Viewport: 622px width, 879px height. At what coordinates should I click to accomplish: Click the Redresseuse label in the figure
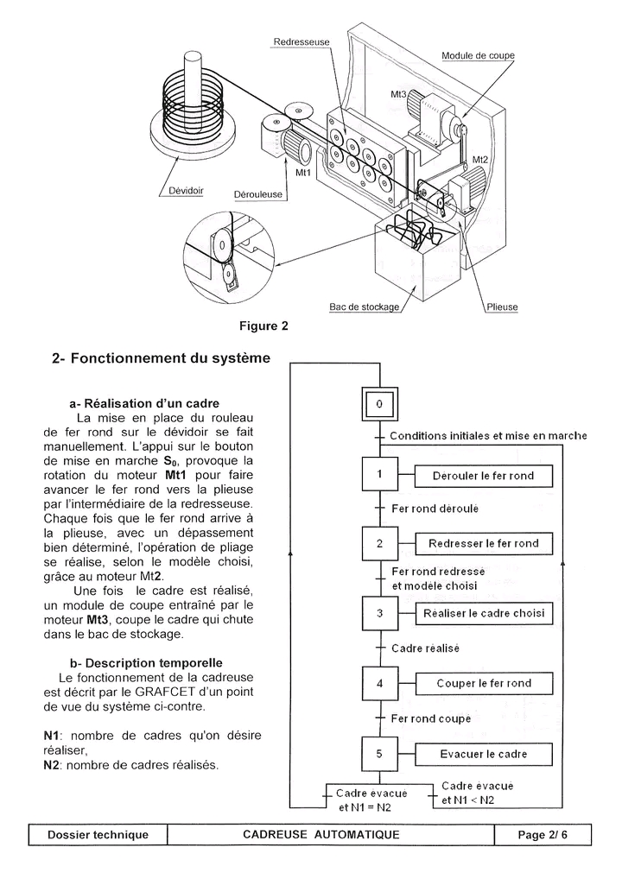click(x=301, y=41)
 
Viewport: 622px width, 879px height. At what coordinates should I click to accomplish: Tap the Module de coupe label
click(x=478, y=55)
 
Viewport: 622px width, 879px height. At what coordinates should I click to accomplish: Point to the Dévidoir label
click(x=182, y=192)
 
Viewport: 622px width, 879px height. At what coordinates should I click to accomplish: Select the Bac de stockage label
click(x=364, y=307)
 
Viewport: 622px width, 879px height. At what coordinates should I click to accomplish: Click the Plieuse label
click(x=502, y=307)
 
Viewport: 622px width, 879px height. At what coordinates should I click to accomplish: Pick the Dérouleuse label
click(x=258, y=194)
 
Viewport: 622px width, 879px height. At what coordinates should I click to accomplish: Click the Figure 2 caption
click(x=263, y=326)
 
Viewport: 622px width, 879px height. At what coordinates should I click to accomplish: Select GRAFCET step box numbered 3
click(x=379, y=614)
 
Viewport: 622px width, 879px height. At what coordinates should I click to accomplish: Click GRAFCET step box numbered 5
click(x=379, y=754)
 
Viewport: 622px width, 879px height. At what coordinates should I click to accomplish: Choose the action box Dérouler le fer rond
click(x=483, y=475)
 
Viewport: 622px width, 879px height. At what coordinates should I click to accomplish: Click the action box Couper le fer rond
click(x=483, y=684)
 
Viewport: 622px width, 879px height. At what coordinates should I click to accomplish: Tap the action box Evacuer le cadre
click(x=483, y=754)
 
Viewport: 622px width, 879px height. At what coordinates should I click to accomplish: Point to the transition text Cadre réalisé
click(x=425, y=648)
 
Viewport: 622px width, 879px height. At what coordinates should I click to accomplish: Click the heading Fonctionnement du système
click(x=161, y=357)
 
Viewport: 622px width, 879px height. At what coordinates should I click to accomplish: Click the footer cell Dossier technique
click(x=98, y=834)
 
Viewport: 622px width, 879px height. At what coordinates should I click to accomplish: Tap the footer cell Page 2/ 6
click(x=543, y=834)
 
